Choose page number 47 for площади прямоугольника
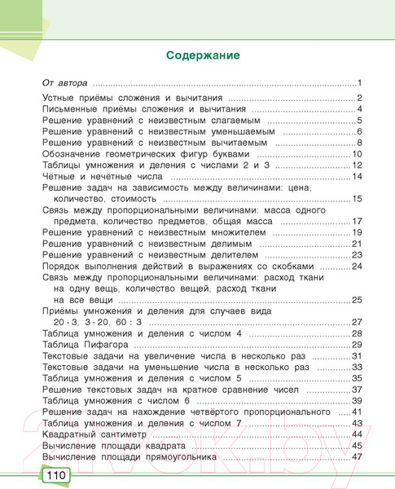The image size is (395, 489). (x=356, y=457)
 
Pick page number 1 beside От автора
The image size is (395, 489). (x=358, y=84)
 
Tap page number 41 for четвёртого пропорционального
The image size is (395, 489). (x=356, y=413)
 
